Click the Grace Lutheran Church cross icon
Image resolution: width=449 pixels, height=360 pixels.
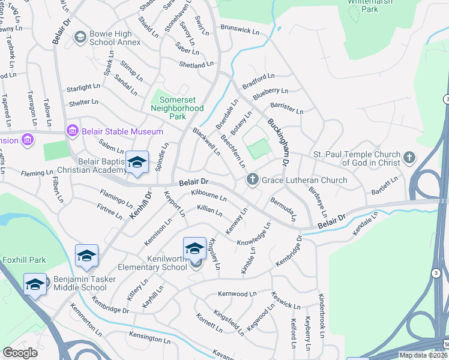pos(253,179)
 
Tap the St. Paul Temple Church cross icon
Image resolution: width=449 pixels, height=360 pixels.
pos(409,158)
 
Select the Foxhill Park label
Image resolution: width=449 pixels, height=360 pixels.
pos(23,260)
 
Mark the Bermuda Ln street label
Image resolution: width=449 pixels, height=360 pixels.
pos(283,207)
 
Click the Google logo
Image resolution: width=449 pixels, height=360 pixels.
pos(20,353)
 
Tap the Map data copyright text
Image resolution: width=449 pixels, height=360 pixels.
pos(423,355)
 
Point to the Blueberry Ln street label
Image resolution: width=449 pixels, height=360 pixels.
pos(270,94)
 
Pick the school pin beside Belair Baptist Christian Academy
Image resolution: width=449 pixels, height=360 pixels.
pos(137,163)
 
